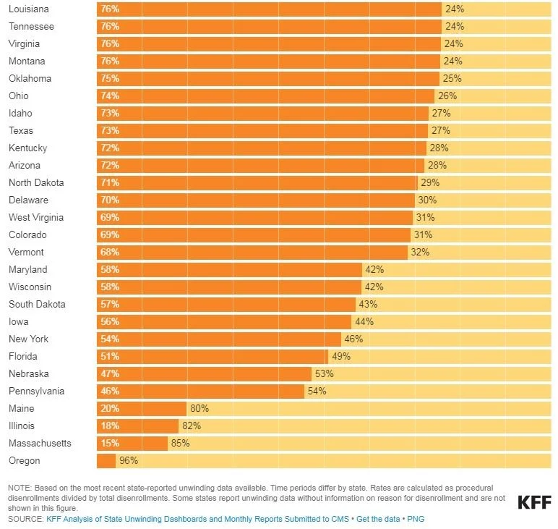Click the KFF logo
pos(533,502)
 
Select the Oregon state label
pos(24,461)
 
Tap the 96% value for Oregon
pos(128,461)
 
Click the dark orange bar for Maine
pos(142,409)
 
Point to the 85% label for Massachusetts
pos(180,444)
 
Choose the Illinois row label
pos(21,426)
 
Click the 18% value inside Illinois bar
pos(110,426)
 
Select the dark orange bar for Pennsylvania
pos(200,392)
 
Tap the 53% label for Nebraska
pos(322,374)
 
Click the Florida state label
pos(22,357)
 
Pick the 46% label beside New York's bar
pos(353,339)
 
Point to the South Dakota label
pos(37,305)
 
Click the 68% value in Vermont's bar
pos(110,253)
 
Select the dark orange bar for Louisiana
pos(269,9)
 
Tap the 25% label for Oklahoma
pos(452,79)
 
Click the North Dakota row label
pos(36,183)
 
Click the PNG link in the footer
pos(416,519)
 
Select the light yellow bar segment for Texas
pos(499,131)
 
